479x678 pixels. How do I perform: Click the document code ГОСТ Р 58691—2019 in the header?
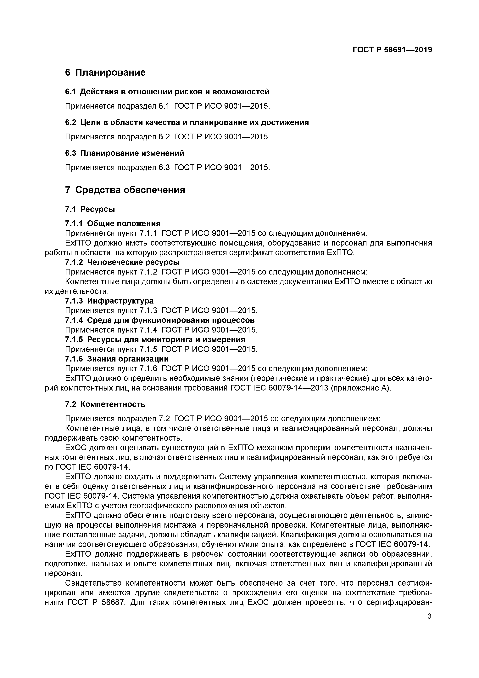pos(392,50)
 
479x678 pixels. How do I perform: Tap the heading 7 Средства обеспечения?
pos(125,190)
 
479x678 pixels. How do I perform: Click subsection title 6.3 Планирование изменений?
pos(125,153)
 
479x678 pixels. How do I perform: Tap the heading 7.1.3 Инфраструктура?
pos(109,301)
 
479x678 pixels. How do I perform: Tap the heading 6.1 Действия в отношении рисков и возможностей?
pos(167,92)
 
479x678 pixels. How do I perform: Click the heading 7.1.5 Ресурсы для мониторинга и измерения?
pos(155,339)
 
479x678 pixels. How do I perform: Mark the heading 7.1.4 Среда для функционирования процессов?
pos(159,320)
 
